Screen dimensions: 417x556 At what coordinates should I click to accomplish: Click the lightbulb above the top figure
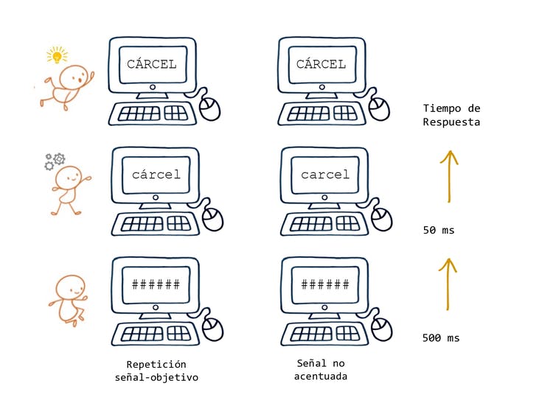(57, 55)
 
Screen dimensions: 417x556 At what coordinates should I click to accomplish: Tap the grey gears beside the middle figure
(55, 160)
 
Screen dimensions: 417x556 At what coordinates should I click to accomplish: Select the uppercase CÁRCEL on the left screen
(151, 64)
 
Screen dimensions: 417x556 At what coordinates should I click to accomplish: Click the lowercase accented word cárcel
(156, 175)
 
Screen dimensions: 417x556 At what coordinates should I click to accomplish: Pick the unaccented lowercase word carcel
(325, 175)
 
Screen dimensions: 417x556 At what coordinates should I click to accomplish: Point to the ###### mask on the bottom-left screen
(156, 284)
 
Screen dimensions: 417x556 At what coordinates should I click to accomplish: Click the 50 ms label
(439, 231)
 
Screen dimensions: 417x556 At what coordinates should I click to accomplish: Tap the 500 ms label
(441, 338)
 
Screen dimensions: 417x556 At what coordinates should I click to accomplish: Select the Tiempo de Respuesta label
(451, 115)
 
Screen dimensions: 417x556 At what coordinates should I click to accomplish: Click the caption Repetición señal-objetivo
(156, 371)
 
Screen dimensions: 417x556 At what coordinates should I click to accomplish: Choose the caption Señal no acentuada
(321, 370)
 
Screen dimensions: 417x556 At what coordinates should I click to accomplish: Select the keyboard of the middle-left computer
(156, 223)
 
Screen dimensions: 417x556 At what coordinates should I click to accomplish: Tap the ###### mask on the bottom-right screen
(324, 284)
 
